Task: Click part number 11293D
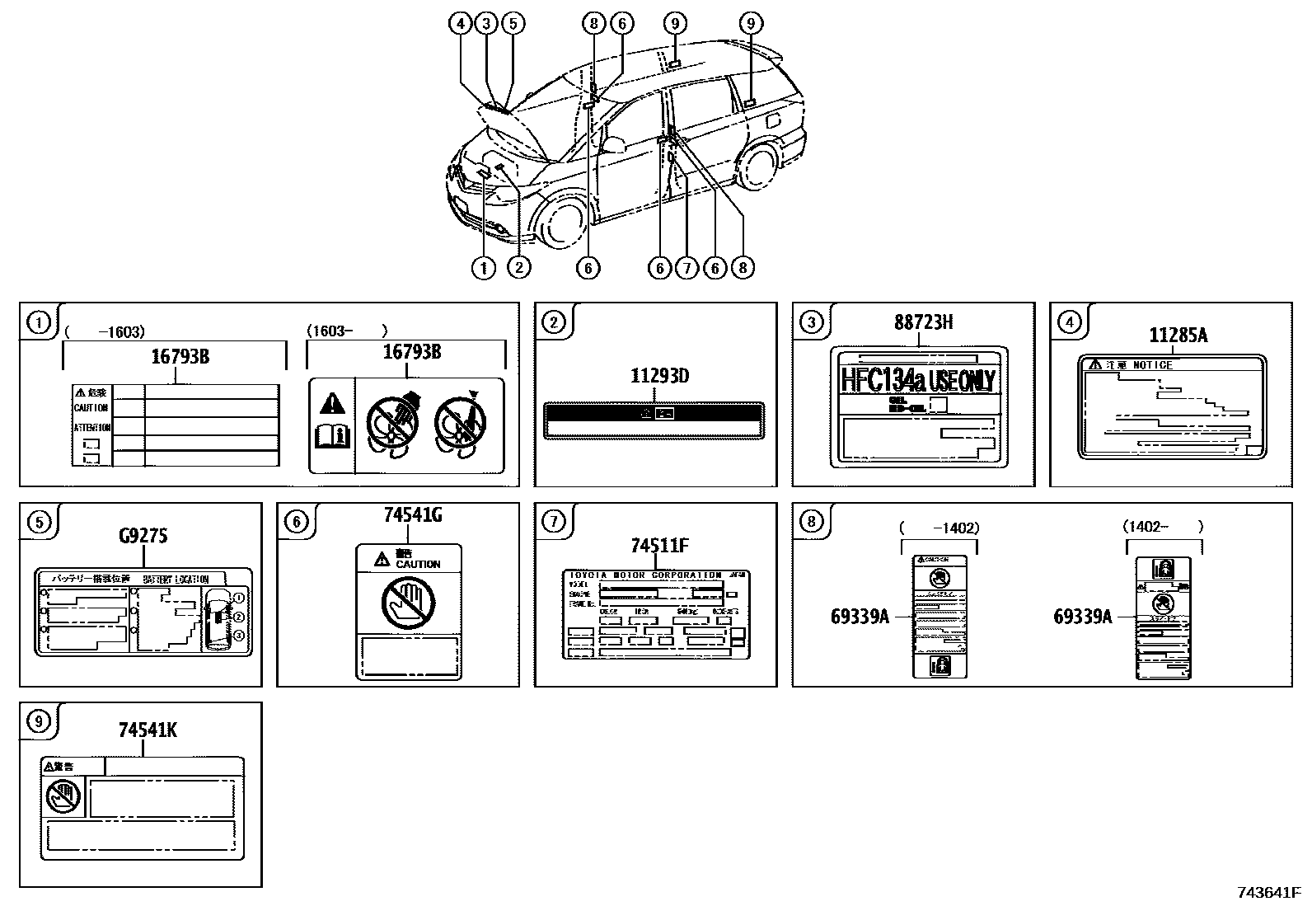click(659, 377)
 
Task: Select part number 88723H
click(923, 322)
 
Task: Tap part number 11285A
click(1178, 335)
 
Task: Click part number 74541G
click(412, 515)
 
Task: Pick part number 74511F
click(658, 546)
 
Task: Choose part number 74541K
click(147, 730)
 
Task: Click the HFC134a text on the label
click(883, 381)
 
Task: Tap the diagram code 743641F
click(1268, 892)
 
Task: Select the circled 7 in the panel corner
click(553, 521)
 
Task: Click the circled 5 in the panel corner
click(38, 521)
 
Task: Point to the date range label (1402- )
click(1163, 526)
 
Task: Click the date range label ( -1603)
click(104, 331)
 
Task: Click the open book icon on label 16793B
click(332, 435)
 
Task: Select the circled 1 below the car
click(483, 267)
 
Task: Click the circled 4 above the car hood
click(462, 24)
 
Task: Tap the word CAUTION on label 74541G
click(418, 564)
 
